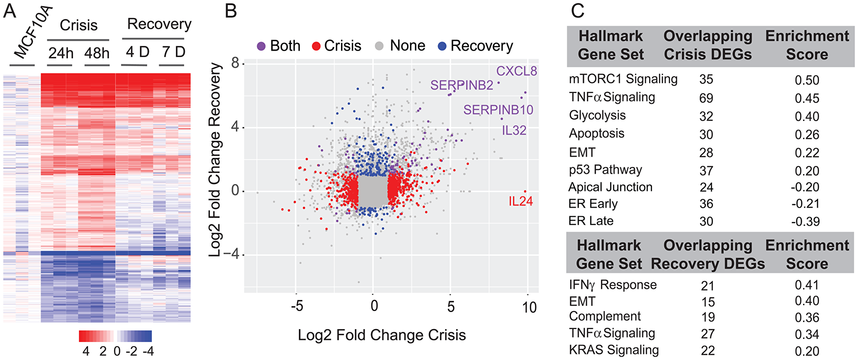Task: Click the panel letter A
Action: [9, 11]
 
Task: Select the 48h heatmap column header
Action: [97, 53]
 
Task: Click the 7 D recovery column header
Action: [173, 52]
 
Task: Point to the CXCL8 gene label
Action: [516, 71]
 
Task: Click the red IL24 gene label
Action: [520, 201]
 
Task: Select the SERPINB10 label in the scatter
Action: [498, 110]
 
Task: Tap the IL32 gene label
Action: [514, 130]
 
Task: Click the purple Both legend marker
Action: [261, 46]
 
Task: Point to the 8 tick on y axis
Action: [235, 64]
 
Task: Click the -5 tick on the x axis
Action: [296, 307]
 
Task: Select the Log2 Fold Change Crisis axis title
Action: [381, 335]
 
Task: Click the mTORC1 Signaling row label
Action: [623, 79]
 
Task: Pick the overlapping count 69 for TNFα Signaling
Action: [706, 98]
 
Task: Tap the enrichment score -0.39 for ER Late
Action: [806, 221]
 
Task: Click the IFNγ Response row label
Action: [613, 285]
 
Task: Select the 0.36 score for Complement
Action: [807, 318]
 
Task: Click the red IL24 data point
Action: [525, 191]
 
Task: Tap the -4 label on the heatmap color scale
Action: [148, 351]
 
